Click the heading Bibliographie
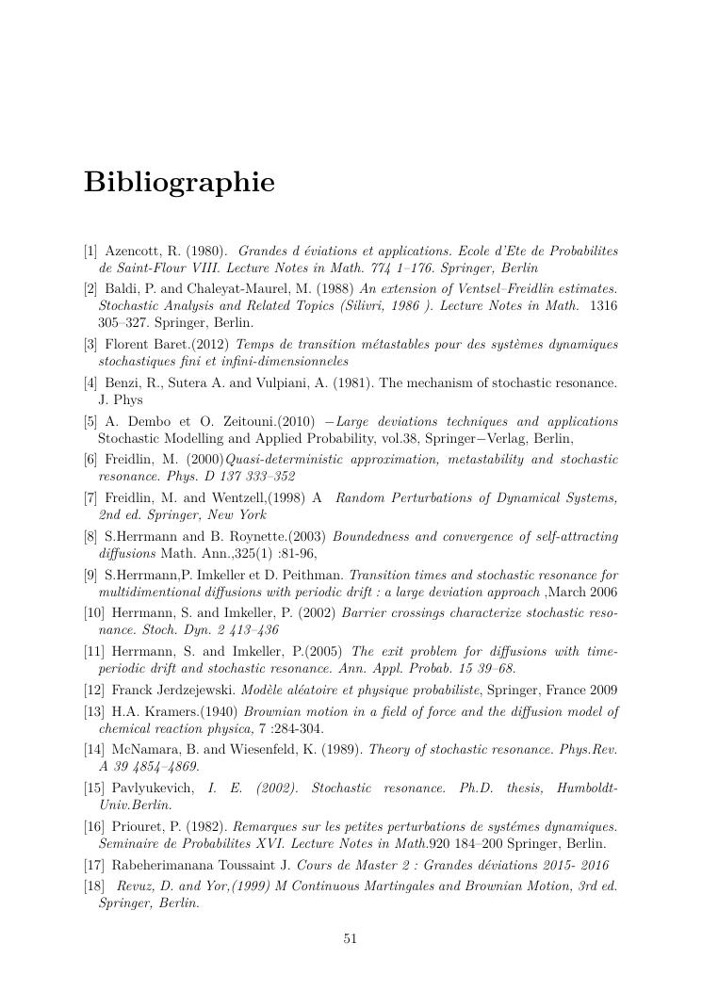[x=179, y=182]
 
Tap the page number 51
[x=351, y=938]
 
